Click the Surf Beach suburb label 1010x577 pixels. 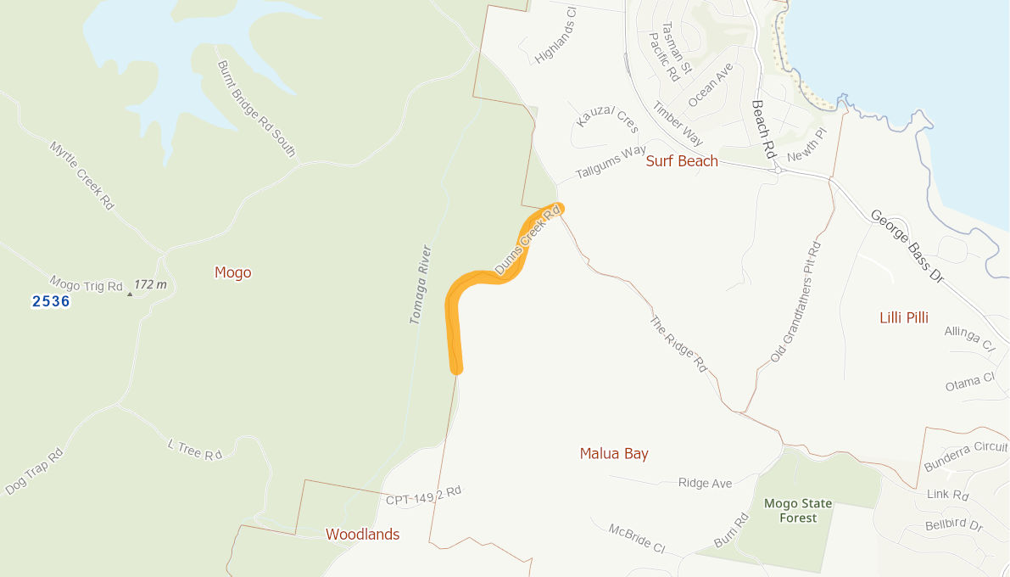[682, 161]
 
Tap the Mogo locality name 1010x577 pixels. [233, 272]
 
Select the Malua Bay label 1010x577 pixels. [614, 454]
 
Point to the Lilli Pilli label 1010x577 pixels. [904, 317]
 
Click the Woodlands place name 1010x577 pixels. [362, 535]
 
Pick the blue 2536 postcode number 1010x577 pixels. [51, 301]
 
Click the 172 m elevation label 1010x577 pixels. [149, 285]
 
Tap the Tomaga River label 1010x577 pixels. [421, 285]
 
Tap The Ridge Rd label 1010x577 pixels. [678, 345]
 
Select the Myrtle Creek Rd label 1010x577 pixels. [81, 175]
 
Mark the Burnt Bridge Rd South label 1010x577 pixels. [256, 108]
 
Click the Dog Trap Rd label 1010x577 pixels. [35, 472]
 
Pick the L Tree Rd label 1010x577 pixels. [194, 450]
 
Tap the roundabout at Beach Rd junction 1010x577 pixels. [777, 171]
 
